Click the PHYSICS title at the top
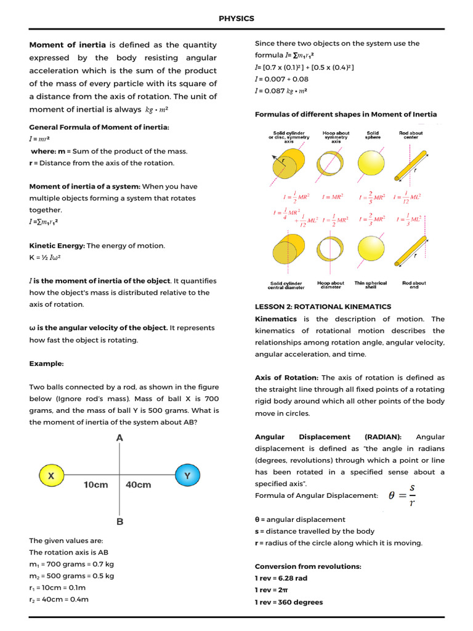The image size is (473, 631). [x=236, y=18]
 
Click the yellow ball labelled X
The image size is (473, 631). [x=51, y=475]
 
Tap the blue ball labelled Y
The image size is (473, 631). [x=187, y=475]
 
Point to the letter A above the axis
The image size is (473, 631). [x=119, y=438]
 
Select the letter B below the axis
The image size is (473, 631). [x=119, y=521]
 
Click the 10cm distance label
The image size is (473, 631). [x=95, y=484]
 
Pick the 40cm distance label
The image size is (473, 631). [x=139, y=484]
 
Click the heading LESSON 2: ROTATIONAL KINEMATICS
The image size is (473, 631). [x=323, y=306]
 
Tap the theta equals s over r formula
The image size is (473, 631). [x=402, y=495]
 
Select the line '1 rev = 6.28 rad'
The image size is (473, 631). [x=281, y=578]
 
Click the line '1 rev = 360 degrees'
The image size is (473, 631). [x=288, y=602]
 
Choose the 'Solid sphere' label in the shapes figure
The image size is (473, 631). [x=373, y=135]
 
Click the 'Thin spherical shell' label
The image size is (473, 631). [x=371, y=285]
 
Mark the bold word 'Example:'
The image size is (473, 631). [x=46, y=364]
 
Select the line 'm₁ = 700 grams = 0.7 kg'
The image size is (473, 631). [x=71, y=564]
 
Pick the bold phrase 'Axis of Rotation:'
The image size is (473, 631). [x=286, y=378]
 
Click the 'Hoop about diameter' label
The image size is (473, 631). [x=331, y=285]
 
